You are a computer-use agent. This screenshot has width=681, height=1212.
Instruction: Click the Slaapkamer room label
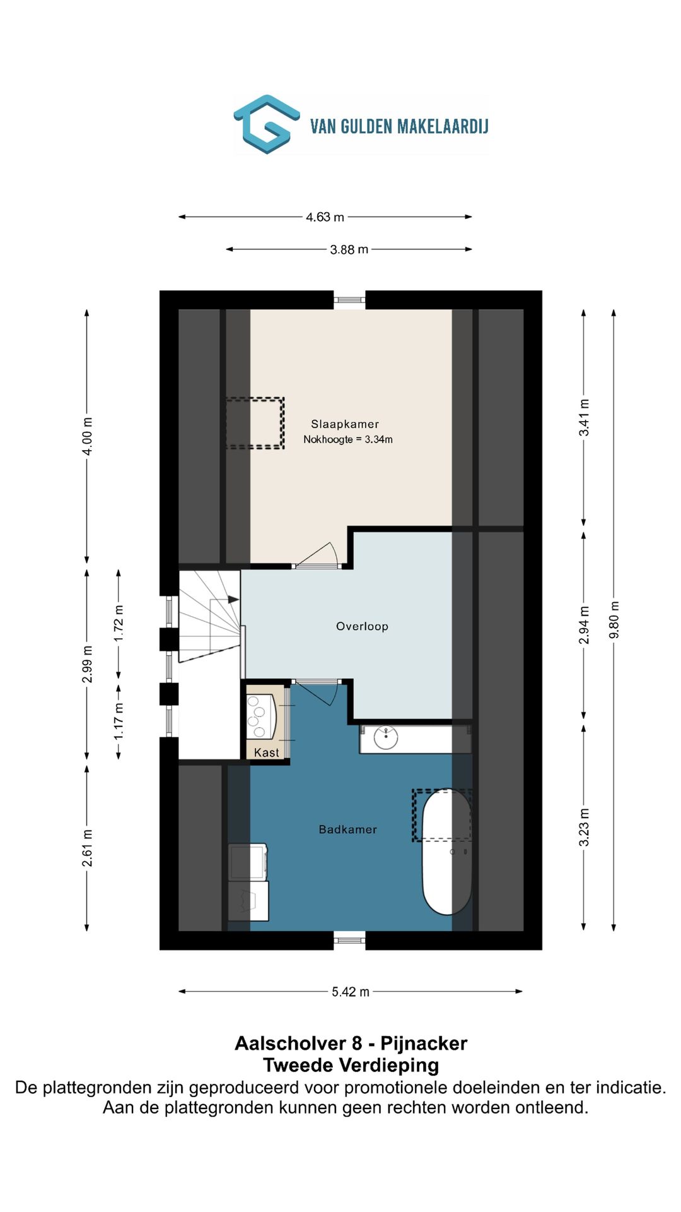345,424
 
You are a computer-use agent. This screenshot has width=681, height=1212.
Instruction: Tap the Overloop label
362,626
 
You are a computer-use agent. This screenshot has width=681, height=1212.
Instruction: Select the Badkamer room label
347,829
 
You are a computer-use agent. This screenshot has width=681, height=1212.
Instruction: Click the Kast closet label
266,752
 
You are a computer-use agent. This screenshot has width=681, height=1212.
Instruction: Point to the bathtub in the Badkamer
446,851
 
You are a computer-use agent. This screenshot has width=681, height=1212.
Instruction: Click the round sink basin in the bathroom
385,737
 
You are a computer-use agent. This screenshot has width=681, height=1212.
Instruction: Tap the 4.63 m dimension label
325,217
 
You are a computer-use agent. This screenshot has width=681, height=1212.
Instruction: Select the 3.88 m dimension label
349,249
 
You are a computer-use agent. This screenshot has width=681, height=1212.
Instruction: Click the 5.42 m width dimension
351,992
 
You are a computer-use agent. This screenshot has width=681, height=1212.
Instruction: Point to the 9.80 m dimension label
614,619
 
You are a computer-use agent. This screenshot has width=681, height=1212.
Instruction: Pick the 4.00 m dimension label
88,436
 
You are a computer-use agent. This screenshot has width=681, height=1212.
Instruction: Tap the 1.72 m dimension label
119,623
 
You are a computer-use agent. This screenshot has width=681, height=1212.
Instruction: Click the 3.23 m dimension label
584,828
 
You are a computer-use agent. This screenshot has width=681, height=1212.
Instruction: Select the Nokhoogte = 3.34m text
348,439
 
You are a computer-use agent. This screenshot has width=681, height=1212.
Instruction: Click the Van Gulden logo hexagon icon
267,124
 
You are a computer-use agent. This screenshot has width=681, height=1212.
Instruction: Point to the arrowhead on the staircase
234,599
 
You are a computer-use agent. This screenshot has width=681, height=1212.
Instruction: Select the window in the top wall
349,300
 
